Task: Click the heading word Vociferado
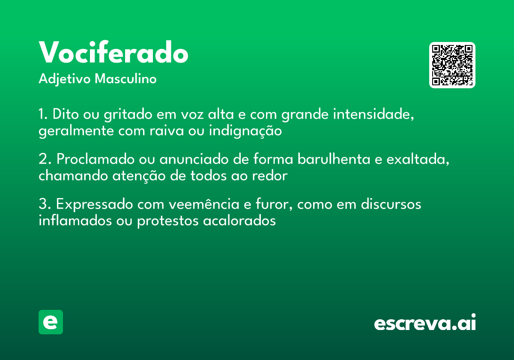click(114, 53)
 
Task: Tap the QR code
click(452, 65)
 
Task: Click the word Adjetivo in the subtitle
click(65, 79)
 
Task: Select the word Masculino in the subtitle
click(126, 79)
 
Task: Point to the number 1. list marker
click(43, 115)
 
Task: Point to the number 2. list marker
click(45, 159)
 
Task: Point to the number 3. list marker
click(45, 204)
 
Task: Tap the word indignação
click(245, 131)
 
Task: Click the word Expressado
click(95, 204)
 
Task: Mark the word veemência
click(204, 204)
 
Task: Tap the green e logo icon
click(51, 322)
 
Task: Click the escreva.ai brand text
click(425, 323)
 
